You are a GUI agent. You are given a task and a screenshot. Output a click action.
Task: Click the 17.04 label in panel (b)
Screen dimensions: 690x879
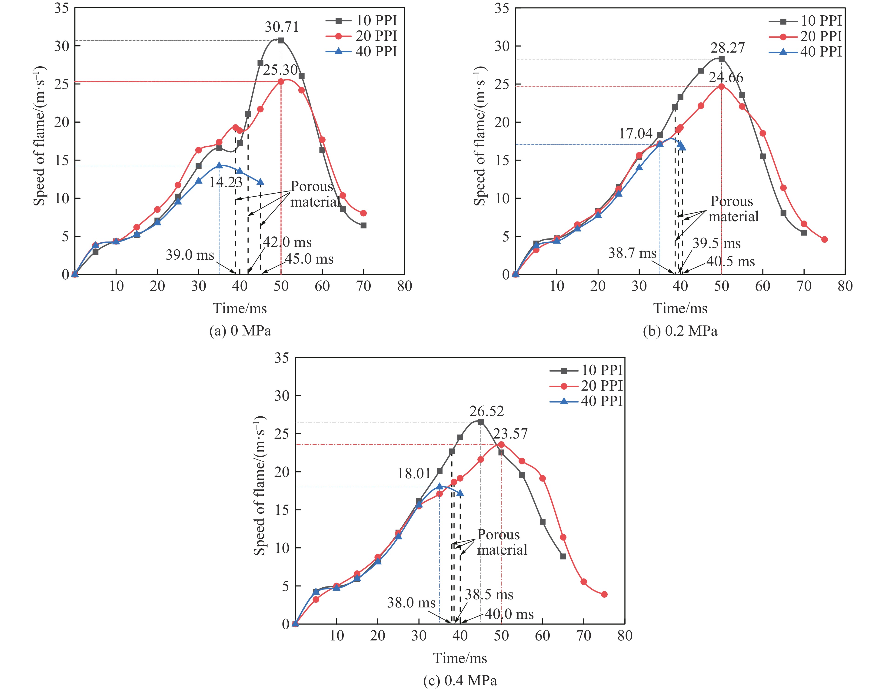point(636,134)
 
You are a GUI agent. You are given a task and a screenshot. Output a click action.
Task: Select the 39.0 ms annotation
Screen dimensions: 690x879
point(190,255)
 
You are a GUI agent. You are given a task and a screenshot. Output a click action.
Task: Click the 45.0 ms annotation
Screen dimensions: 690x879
point(309,259)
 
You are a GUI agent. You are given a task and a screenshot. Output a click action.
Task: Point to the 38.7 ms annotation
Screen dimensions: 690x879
point(632,253)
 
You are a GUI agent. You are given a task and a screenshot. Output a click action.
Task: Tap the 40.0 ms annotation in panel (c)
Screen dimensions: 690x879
point(509,614)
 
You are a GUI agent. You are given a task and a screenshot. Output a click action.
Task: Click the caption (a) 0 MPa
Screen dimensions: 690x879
point(240,331)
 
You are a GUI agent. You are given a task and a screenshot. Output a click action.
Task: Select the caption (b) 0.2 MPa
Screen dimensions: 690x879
point(680,331)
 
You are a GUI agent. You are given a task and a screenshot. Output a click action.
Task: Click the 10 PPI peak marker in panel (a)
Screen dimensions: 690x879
point(281,40)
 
